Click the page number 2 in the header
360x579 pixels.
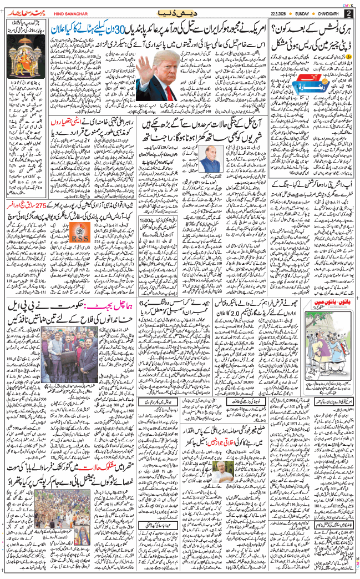point(348,13)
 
